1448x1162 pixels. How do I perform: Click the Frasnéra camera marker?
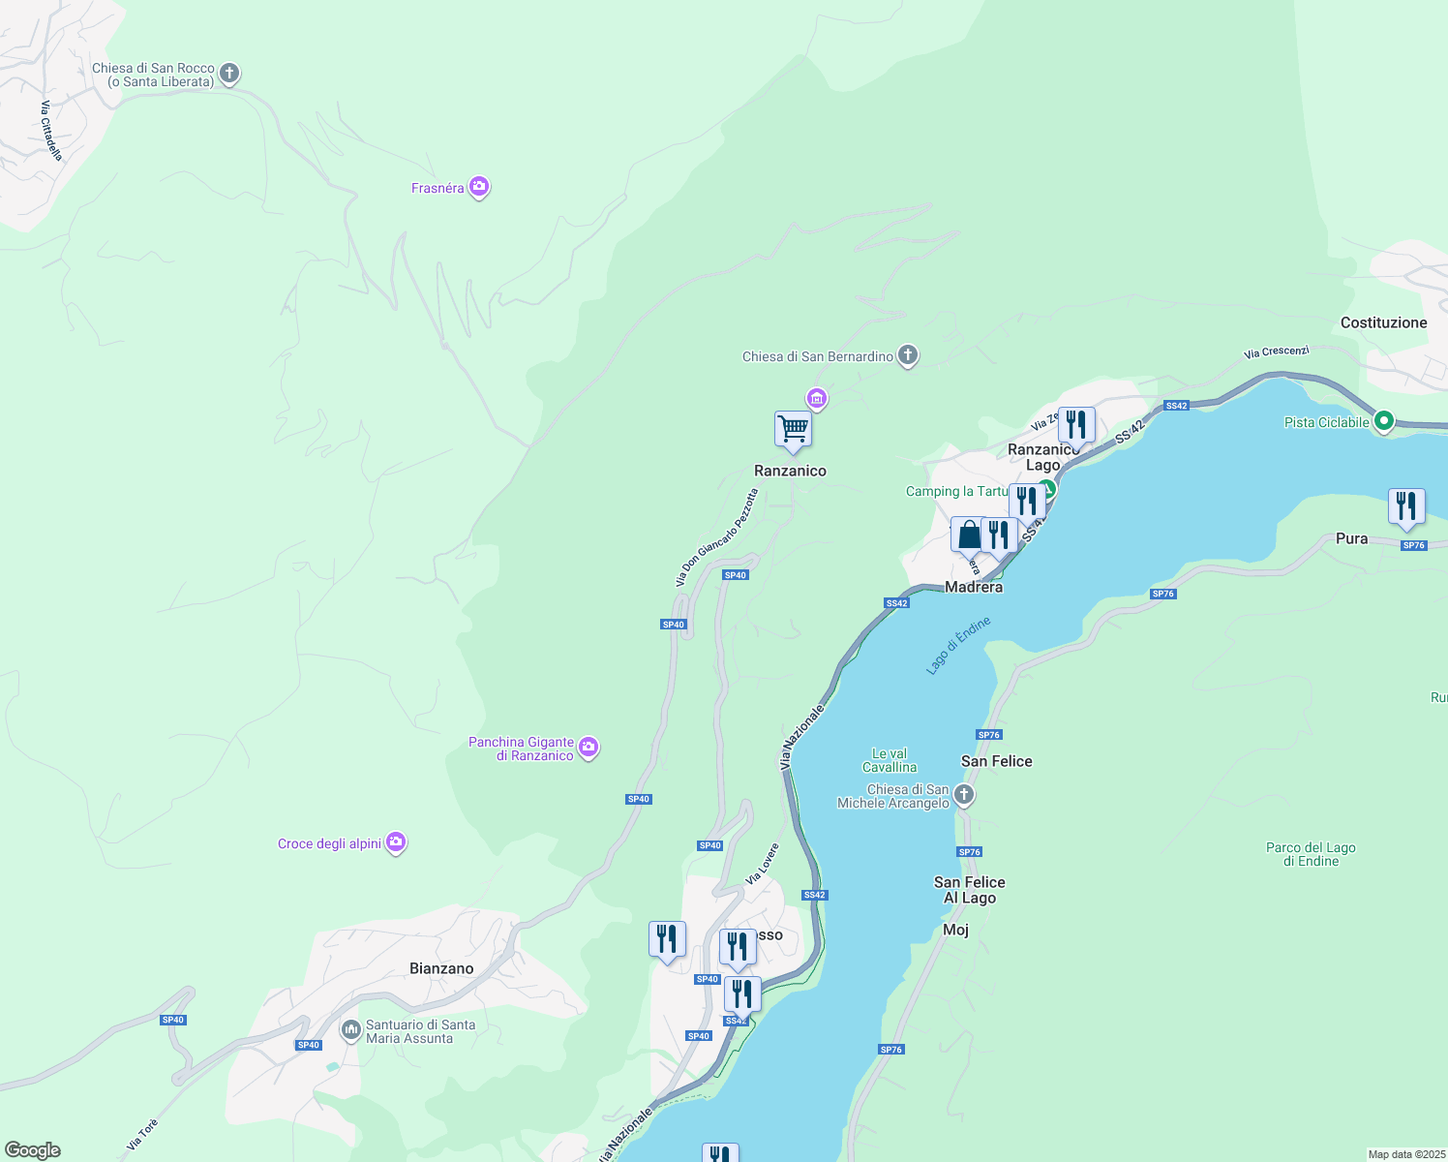tap(478, 187)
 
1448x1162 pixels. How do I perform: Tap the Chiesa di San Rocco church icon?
tap(229, 74)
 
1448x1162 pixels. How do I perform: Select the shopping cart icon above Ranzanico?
tap(793, 429)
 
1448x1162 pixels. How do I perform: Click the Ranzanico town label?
tap(790, 471)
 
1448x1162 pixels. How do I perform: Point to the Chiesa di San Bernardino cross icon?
tap(907, 355)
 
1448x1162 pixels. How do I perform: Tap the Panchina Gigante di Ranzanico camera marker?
tap(588, 748)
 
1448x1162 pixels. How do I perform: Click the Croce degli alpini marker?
tap(396, 842)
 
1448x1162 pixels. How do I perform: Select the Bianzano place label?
tap(441, 968)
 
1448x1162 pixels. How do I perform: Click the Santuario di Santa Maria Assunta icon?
tap(351, 1031)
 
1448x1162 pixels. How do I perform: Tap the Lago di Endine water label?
tap(958, 645)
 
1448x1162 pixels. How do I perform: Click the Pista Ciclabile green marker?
tap(1384, 421)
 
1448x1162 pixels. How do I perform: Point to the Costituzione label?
tap(1383, 322)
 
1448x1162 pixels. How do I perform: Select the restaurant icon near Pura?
tap(1405, 506)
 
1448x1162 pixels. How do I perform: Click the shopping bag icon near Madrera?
tap(968, 535)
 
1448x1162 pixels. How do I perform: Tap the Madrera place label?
tap(974, 587)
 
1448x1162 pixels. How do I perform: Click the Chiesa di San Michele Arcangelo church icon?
tap(963, 796)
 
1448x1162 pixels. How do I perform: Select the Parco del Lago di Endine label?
tap(1311, 854)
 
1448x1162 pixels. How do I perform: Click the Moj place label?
tap(955, 930)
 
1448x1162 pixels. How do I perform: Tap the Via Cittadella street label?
tap(51, 131)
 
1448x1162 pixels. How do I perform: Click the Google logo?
tap(33, 1150)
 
